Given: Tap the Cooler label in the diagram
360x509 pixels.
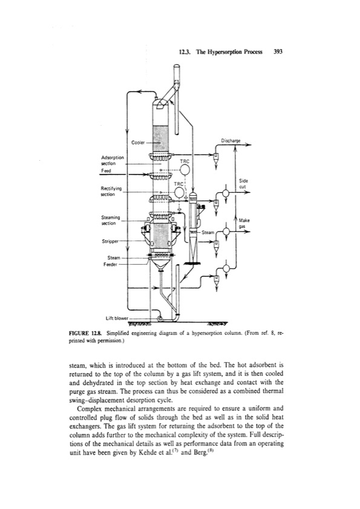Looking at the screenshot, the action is (x=137, y=143).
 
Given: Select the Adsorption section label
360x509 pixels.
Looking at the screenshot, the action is (x=113, y=160).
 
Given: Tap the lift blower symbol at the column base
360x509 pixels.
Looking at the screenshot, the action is (x=160, y=319).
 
